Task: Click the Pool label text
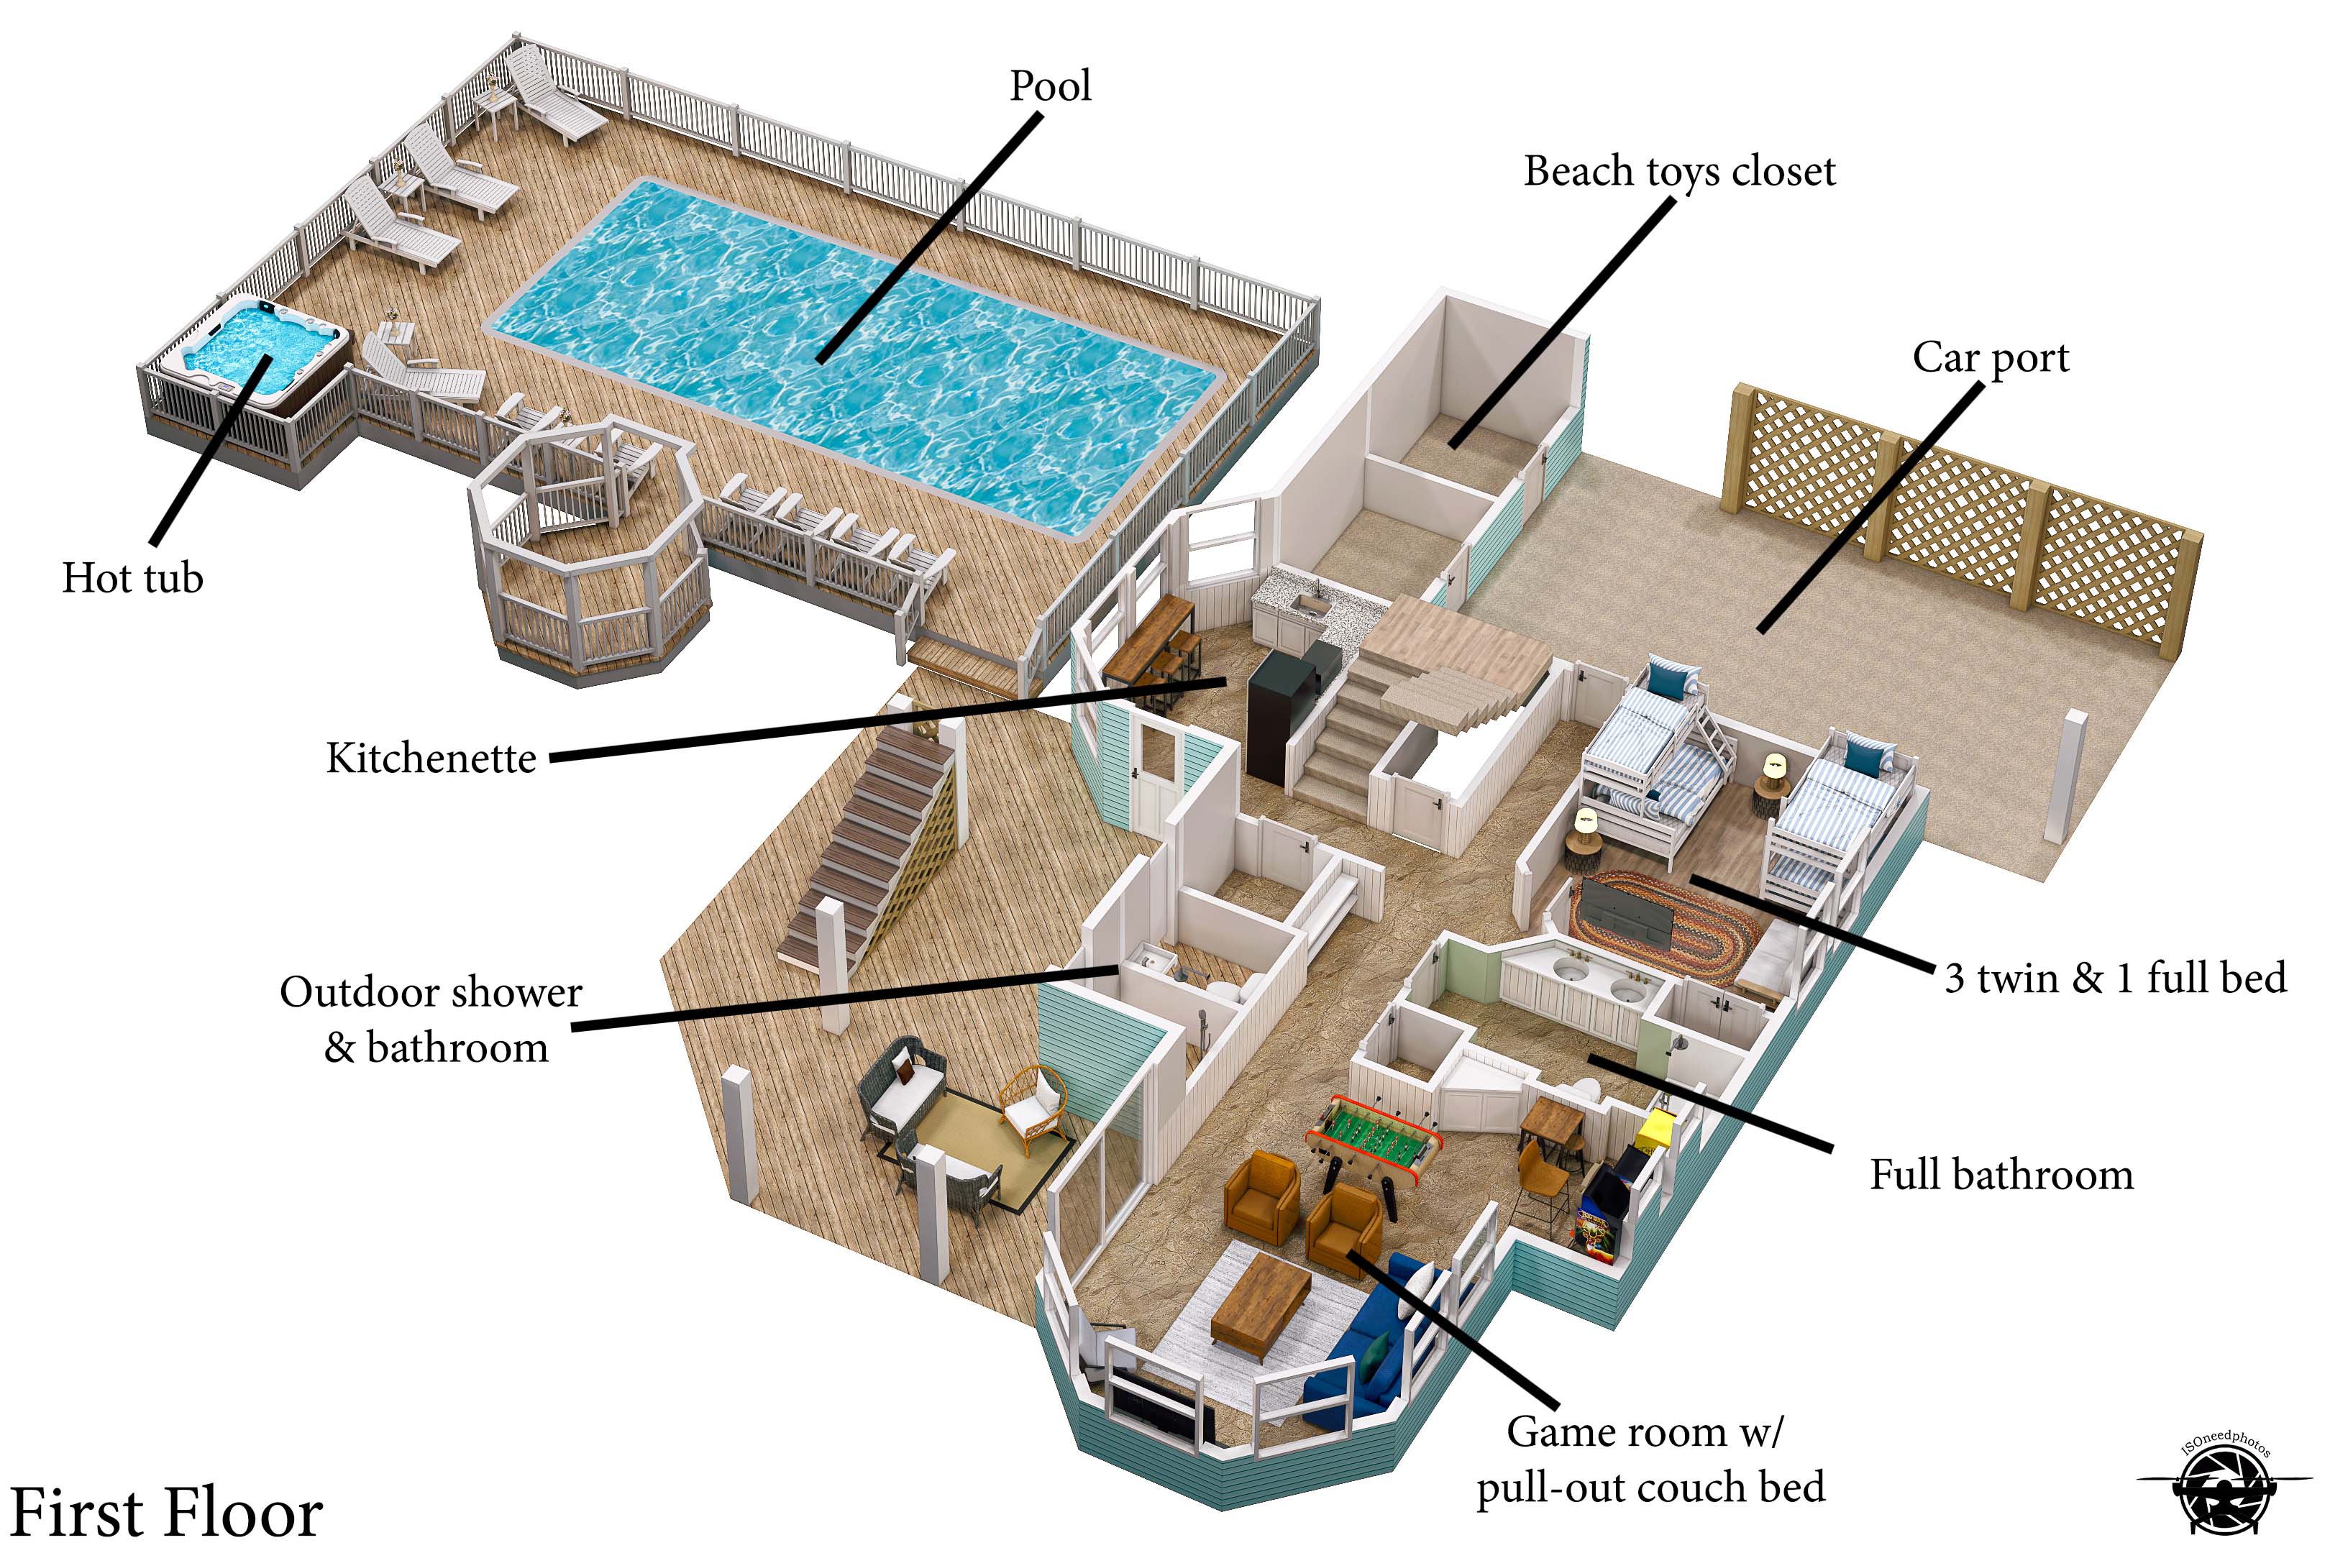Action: [1050, 86]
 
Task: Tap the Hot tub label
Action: [133, 578]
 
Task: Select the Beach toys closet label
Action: [1679, 171]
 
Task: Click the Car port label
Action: [1991, 357]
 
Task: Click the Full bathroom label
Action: [2001, 1176]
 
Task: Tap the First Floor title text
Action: [166, 1513]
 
